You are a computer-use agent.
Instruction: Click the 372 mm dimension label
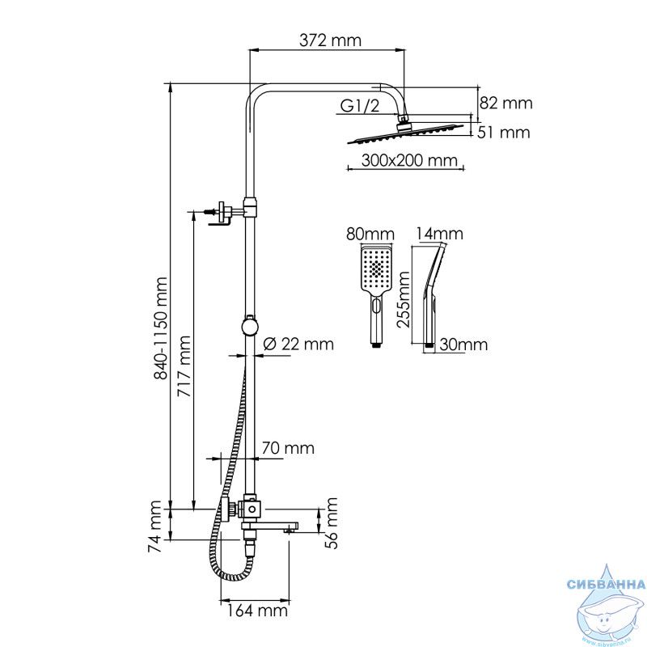click(x=330, y=40)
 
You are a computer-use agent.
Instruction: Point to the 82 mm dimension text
click(x=506, y=103)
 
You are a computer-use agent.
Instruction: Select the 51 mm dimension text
click(x=503, y=133)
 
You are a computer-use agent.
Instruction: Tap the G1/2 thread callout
click(x=359, y=106)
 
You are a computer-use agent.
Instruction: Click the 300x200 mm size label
click(x=409, y=160)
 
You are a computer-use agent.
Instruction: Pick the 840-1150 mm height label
click(x=160, y=328)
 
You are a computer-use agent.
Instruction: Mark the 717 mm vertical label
click(x=184, y=366)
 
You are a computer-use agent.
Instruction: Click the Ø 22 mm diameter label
click(x=298, y=344)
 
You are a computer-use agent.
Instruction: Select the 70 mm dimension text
click(x=288, y=448)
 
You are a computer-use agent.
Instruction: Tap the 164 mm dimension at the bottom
click(x=256, y=610)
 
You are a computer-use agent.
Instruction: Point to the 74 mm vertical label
click(x=154, y=526)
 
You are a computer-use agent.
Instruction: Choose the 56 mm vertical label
click(x=331, y=522)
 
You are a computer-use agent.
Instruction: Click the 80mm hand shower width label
click(x=370, y=234)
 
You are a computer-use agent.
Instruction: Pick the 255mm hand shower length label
click(x=404, y=299)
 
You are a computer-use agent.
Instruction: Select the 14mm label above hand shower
click(x=439, y=234)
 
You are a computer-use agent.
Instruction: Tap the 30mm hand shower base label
click(x=463, y=345)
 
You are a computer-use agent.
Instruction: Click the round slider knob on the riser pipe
click(x=250, y=326)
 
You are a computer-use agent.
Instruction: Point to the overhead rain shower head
click(x=405, y=133)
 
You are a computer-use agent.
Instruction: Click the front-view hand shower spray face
click(x=375, y=268)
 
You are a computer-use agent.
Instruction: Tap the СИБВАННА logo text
click(x=606, y=584)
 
